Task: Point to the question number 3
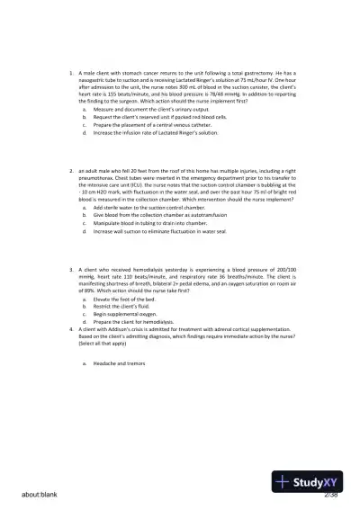[70, 269]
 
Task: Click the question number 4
[70, 328]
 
